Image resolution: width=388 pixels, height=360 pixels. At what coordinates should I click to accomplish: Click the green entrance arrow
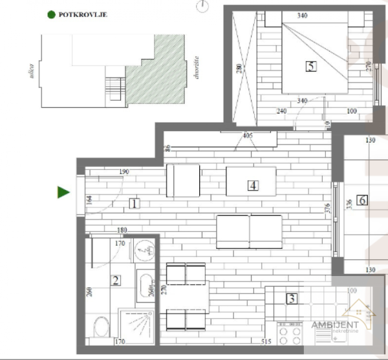click(x=63, y=192)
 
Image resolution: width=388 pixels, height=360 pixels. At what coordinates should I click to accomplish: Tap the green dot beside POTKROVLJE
click(x=51, y=13)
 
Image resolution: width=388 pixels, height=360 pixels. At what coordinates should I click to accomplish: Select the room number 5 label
click(x=311, y=65)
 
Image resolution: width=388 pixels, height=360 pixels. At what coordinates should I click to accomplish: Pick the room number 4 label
click(x=253, y=185)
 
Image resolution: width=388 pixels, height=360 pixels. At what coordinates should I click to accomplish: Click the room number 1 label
click(x=134, y=204)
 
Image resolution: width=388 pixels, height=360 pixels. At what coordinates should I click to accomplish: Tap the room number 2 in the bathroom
click(x=115, y=280)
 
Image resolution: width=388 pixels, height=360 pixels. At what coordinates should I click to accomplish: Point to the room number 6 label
click(x=362, y=200)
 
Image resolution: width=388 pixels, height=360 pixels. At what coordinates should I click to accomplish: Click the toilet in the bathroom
click(x=101, y=328)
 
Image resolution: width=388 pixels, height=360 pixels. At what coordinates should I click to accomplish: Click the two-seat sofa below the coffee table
click(x=249, y=231)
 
